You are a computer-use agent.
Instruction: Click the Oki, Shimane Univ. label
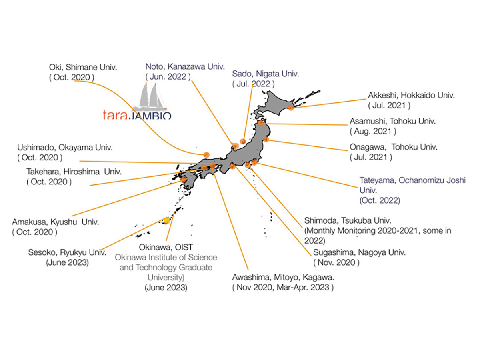click(83, 67)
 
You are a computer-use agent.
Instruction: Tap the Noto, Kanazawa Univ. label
click(185, 66)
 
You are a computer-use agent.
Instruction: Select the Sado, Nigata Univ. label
click(265, 74)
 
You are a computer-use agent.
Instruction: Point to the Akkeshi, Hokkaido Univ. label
click(411, 95)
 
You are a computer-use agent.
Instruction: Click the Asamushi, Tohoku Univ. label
click(392, 121)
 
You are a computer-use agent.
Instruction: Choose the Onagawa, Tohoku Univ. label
click(394, 147)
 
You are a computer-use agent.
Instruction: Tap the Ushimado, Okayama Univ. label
click(65, 147)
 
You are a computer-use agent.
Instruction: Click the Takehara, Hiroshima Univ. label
click(74, 172)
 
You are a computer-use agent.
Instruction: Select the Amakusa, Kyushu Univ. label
click(56, 222)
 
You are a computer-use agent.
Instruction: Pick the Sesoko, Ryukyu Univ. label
click(67, 252)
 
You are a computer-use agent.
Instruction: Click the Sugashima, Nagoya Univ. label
click(359, 252)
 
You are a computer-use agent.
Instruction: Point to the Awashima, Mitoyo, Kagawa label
click(283, 277)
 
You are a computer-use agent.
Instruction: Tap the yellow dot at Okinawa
click(167, 220)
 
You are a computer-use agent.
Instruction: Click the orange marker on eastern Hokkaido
click(291, 107)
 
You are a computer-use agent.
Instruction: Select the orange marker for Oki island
click(206, 155)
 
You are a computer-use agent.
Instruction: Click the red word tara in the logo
click(115, 115)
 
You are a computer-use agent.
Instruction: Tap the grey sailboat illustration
click(151, 96)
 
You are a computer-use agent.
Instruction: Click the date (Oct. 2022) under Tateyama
click(380, 200)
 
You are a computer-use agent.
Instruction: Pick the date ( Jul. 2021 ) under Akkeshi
click(389, 106)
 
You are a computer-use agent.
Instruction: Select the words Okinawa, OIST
click(166, 247)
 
